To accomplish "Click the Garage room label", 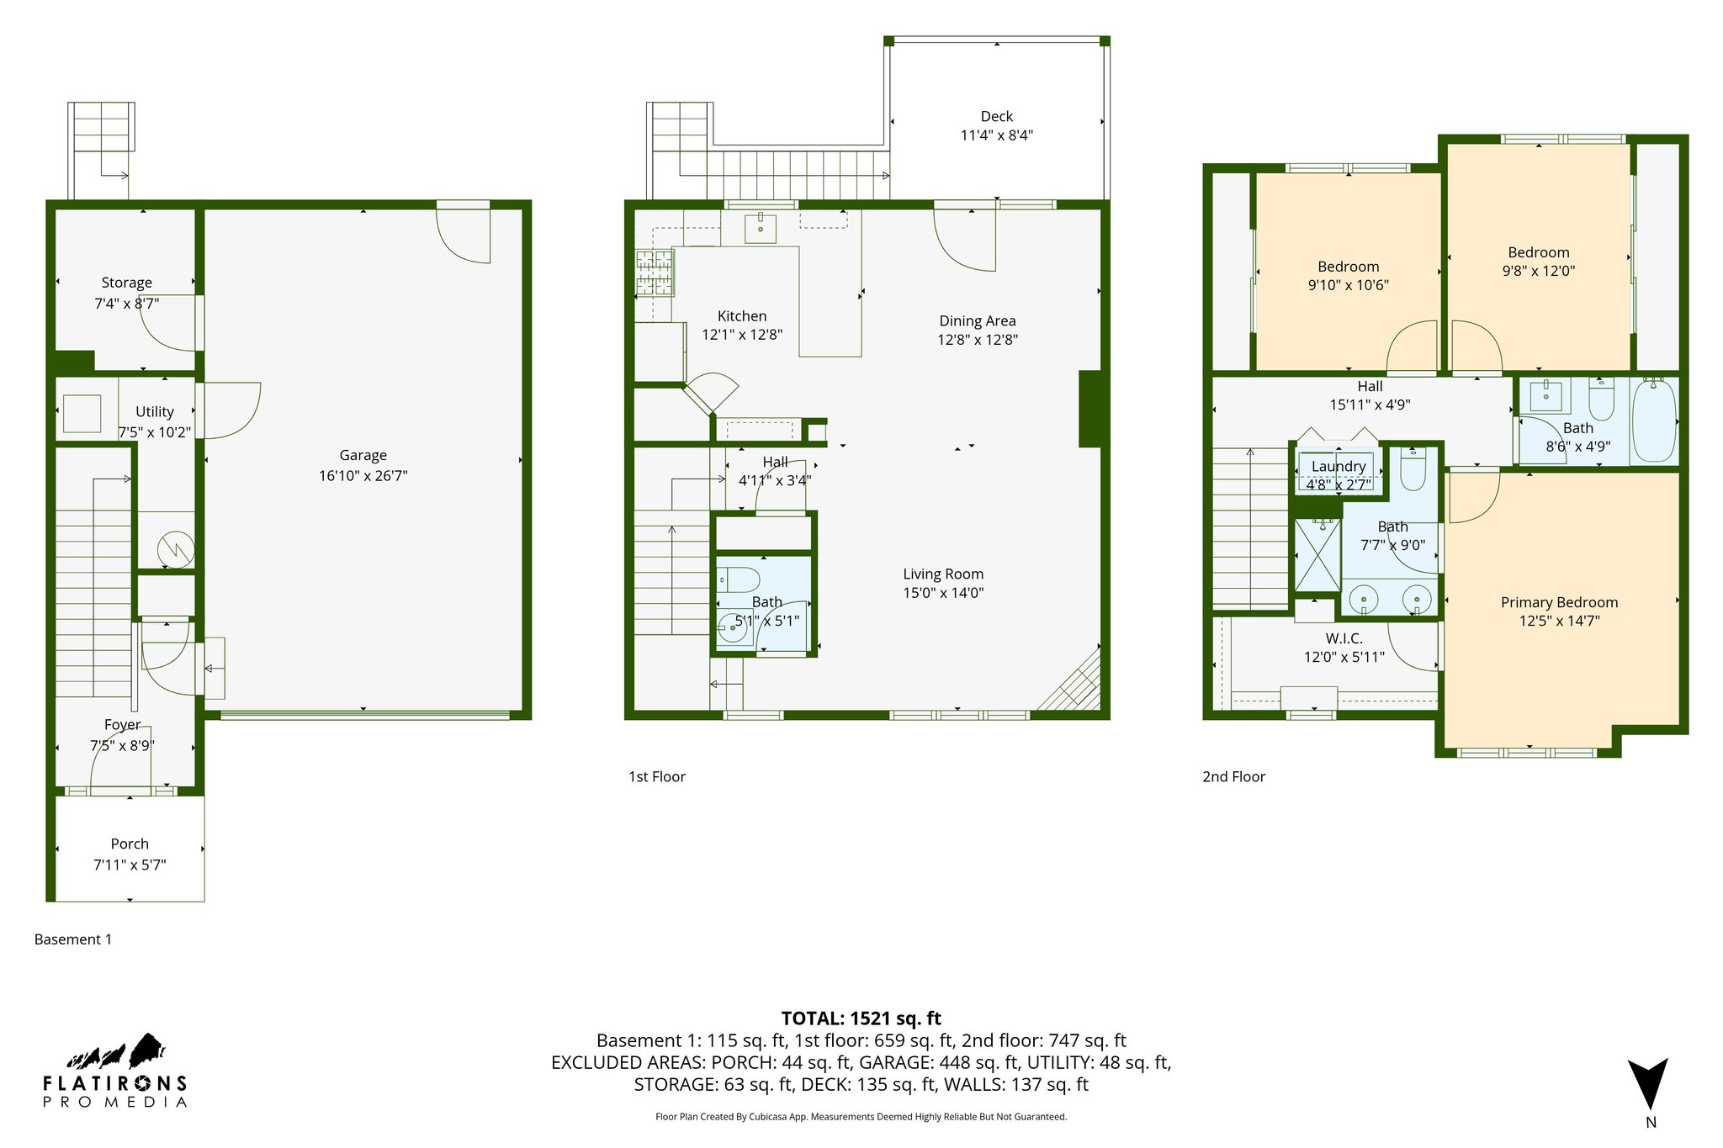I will tap(363, 455).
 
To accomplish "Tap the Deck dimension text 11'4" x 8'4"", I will tap(996, 135).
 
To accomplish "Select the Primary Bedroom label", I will tap(1559, 602).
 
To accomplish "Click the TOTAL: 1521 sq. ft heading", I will tap(861, 1018).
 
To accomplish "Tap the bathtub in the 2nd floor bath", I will tap(1653, 420).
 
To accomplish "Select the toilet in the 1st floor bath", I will tap(738, 579).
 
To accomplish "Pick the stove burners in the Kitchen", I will tap(655, 273).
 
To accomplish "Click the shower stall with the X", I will tap(1317, 555).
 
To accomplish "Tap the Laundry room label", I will tap(1338, 466).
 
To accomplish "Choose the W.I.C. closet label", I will tap(1344, 638).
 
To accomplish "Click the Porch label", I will tap(130, 844).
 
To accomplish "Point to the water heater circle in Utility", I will tap(177, 550).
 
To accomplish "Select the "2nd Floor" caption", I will tap(1233, 776).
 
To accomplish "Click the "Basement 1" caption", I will tap(73, 939).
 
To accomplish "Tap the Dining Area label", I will tap(977, 320).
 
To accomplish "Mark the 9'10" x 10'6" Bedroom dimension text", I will tap(1348, 285).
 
